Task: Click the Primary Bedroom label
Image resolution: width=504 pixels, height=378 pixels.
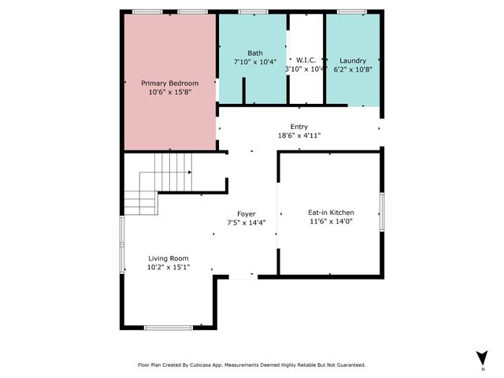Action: pos(169,83)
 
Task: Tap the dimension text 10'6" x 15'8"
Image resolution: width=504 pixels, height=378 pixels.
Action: pos(169,92)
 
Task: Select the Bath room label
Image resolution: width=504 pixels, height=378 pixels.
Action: pos(244,53)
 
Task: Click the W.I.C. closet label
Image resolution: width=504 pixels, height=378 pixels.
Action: pos(306,61)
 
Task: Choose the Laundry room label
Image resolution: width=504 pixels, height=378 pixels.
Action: pos(353,61)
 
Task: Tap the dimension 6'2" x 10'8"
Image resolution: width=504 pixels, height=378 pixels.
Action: pos(353,69)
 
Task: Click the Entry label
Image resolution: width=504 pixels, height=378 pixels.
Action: pos(298,127)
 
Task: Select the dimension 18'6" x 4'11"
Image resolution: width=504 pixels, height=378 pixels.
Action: pos(298,135)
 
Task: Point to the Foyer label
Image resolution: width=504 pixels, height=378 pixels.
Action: pos(246,214)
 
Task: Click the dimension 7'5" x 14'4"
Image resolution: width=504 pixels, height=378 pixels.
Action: pos(246,223)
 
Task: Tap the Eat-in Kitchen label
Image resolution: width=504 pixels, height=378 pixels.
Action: pos(331,213)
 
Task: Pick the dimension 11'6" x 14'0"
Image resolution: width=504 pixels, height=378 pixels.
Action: pos(331,222)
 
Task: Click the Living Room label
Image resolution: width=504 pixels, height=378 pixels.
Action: pos(169,258)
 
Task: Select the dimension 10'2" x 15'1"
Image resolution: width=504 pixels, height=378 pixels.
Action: pos(169,268)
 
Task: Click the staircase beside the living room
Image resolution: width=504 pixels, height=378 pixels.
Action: pos(157,183)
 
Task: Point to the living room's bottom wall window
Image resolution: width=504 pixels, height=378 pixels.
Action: pos(169,327)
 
